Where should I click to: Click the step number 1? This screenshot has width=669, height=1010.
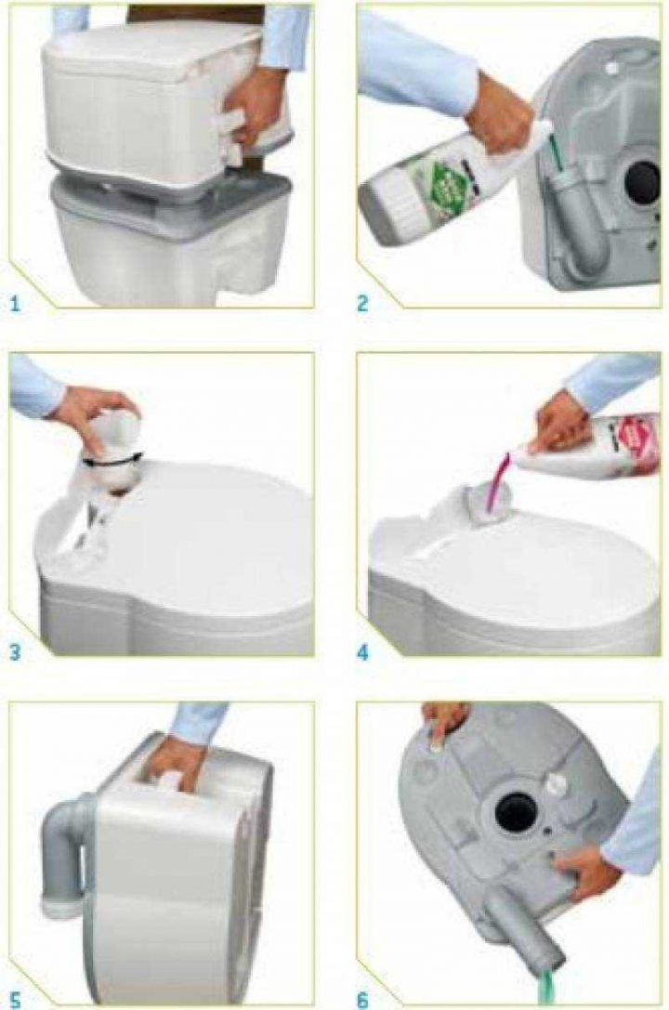(x=16, y=302)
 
